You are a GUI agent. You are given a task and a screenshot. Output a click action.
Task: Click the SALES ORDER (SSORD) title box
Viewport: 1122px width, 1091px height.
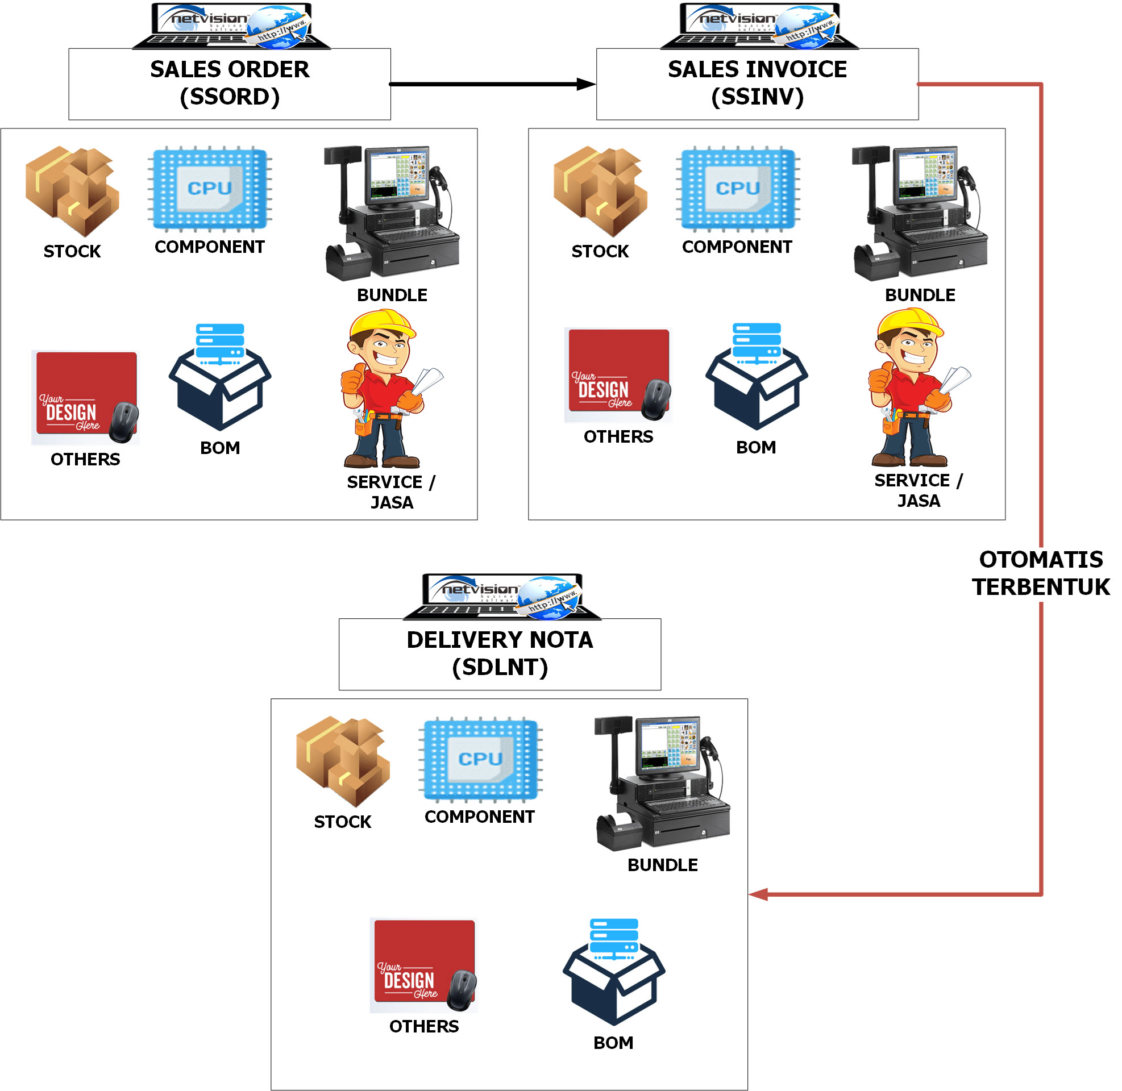tap(229, 84)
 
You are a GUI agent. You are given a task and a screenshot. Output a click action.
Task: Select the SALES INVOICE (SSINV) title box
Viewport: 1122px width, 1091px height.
tap(757, 84)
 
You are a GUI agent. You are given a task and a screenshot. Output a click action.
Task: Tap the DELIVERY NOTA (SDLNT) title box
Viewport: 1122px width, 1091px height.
tap(500, 654)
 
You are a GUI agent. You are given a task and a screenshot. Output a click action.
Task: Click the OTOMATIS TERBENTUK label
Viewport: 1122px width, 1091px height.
tap(1041, 573)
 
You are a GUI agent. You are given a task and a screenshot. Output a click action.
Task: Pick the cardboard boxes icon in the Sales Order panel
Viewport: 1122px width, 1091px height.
tap(72, 191)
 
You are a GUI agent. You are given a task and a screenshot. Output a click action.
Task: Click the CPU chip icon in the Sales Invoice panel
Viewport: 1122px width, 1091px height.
tap(738, 189)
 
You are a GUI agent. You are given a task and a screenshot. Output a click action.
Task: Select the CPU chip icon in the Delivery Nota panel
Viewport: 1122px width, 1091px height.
tap(480, 759)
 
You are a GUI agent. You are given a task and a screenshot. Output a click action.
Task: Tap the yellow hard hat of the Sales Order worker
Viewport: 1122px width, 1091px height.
tap(383, 323)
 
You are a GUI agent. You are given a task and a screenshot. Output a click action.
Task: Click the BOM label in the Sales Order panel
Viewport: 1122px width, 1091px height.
tap(220, 448)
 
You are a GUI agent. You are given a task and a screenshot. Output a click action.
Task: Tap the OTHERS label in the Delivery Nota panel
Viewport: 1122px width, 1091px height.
tap(424, 1026)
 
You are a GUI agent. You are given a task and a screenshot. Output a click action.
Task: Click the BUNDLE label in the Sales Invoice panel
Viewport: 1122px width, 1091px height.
tap(920, 295)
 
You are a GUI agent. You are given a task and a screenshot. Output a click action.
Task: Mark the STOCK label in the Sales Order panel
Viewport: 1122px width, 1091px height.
tap(72, 251)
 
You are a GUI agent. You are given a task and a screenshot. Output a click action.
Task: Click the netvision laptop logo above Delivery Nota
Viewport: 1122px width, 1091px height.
tap(502, 596)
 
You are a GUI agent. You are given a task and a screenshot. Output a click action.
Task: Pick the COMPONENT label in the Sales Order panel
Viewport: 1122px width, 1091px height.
tap(210, 247)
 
